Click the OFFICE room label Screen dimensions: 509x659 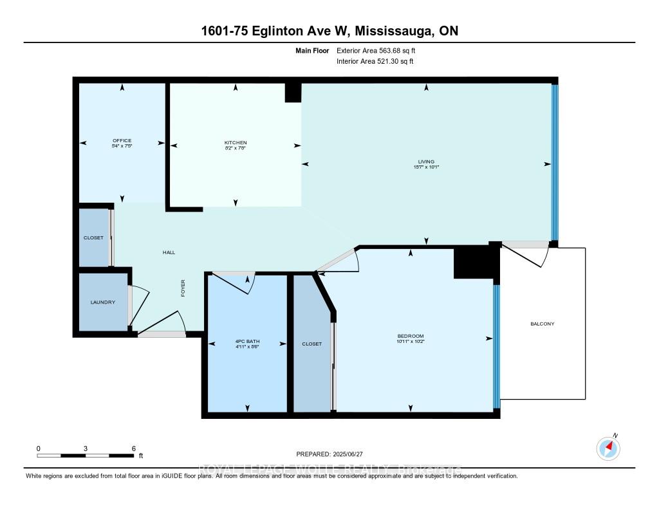point(122,140)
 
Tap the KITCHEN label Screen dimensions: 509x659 point(236,142)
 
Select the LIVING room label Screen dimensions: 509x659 point(426,161)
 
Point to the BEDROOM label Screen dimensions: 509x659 point(411,337)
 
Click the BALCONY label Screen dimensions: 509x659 point(542,324)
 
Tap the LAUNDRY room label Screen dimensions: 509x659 point(103,302)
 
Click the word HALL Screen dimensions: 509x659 point(169,252)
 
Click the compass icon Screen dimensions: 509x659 point(608,448)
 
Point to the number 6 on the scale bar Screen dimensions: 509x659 point(133,448)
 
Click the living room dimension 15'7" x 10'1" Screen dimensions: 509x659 point(426,167)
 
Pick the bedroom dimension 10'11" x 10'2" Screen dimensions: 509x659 point(411,342)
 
